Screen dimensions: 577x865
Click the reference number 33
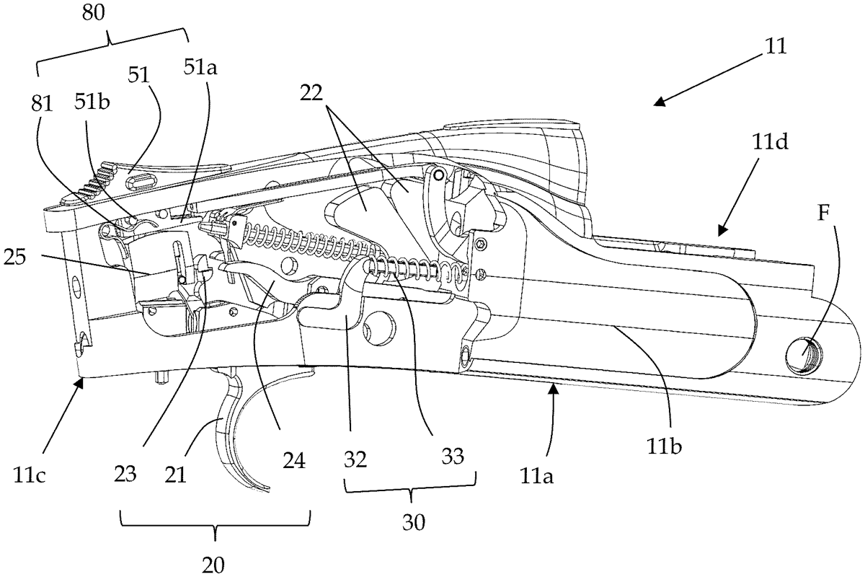coord(453,456)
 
